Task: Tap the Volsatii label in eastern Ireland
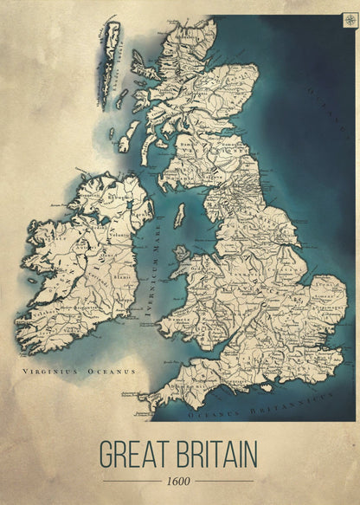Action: pos(113,233)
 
